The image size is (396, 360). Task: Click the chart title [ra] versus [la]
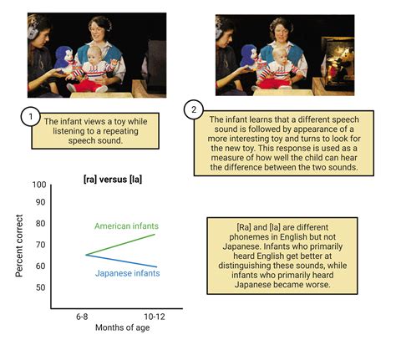(x=113, y=180)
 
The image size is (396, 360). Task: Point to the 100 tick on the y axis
(x=39, y=185)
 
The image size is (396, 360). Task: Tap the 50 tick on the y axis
(x=40, y=287)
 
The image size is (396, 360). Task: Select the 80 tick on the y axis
(x=40, y=223)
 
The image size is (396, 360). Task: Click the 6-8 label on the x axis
(x=82, y=317)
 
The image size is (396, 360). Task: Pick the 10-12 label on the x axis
(x=155, y=317)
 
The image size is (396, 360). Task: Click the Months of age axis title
(x=122, y=327)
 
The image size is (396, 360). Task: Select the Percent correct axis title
(x=19, y=246)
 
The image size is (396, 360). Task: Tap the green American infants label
(x=126, y=226)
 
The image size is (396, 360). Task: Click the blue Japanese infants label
(x=127, y=273)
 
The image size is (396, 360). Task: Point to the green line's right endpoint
(x=155, y=235)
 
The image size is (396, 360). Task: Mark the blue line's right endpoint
(x=157, y=267)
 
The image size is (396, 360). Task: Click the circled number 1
(x=31, y=116)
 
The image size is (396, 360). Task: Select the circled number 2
(x=194, y=109)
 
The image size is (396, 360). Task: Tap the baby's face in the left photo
(x=94, y=56)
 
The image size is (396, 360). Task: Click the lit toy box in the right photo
(x=338, y=62)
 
